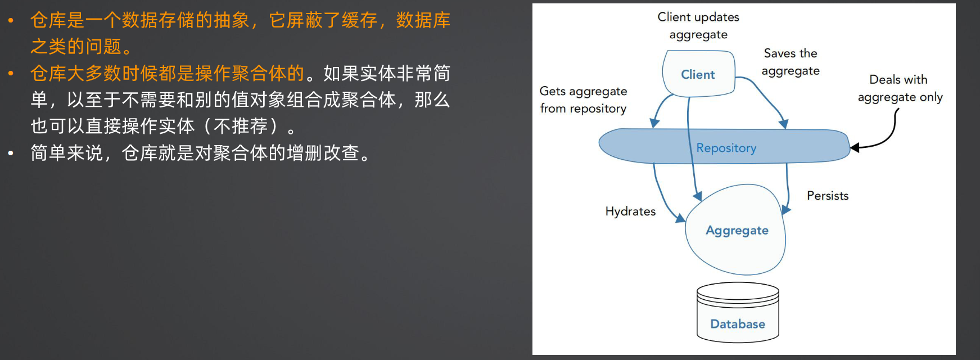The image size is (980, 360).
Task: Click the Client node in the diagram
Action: (x=699, y=74)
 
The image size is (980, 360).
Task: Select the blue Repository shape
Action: (x=724, y=146)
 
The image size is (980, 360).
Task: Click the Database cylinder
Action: (x=738, y=312)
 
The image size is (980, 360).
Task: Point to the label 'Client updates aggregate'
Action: (x=698, y=26)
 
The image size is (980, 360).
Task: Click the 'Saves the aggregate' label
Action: (x=791, y=62)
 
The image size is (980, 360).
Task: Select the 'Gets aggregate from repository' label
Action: (x=583, y=100)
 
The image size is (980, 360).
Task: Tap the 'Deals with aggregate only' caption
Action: (x=900, y=88)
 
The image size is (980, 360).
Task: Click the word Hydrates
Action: (x=630, y=211)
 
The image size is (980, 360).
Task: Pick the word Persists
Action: (x=828, y=196)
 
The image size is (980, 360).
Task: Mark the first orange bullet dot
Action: (x=11, y=21)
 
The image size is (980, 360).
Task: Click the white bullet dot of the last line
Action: (x=11, y=153)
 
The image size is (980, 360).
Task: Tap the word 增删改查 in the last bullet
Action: (x=323, y=153)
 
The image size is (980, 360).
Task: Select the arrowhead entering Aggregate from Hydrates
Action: (x=680, y=218)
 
